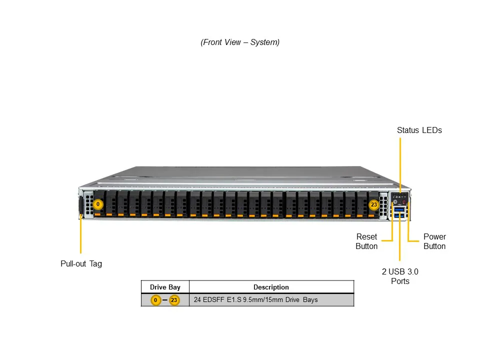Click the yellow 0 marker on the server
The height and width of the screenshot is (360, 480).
click(98, 204)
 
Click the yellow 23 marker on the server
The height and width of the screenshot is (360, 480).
click(373, 204)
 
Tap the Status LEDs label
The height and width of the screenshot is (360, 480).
click(419, 130)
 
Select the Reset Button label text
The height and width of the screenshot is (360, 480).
click(366, 241)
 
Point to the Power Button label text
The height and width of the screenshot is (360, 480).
click(434, 241)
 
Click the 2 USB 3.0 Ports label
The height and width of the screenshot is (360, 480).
click(400, 276)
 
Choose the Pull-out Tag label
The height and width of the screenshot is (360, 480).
click(81, 263)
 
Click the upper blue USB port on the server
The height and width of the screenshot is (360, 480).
click(399, 210)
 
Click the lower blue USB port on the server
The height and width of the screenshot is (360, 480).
click(399, 215)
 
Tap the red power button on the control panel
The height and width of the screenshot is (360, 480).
click(404, 203)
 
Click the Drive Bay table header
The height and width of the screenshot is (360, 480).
click(165, 287)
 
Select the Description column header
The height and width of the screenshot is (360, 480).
click(271, 287)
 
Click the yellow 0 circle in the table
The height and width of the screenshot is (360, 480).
click(156, 300)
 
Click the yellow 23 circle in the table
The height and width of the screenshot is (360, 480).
click(174, 300)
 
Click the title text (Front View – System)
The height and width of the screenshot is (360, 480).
click(240, 42)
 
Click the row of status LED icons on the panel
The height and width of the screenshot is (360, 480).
click(399, 198)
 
